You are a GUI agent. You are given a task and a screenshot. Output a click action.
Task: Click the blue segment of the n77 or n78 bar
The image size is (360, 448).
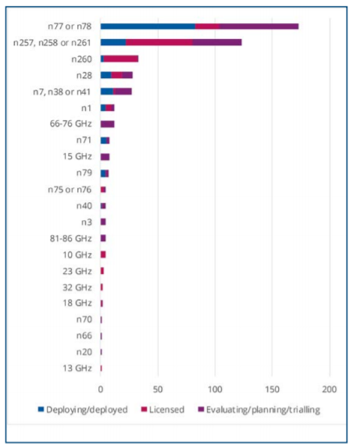(148, 27)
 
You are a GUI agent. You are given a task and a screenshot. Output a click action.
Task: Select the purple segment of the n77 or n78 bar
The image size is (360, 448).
(259, 27)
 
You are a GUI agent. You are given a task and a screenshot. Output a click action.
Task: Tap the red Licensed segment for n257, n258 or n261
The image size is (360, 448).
(159, 42)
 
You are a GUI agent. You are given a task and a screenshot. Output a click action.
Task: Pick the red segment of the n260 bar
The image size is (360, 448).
(121, 59)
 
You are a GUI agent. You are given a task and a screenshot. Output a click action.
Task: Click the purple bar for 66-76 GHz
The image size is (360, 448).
(108, 124)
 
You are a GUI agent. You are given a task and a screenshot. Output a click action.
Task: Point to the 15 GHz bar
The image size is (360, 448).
(105, 157)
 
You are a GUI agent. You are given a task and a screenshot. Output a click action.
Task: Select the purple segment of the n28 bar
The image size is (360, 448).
(127, 75)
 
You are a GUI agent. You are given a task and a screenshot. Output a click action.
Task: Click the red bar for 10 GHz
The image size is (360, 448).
(103, 254)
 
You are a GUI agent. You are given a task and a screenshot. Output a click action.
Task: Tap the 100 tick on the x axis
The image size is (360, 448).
(215, 389)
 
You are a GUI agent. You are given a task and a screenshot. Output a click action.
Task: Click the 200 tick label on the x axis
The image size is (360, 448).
(330, 389)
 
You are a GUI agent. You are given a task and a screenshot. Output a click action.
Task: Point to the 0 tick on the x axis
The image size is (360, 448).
(101, 389)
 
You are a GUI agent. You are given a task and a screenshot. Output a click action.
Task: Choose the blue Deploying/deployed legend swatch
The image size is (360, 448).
(41, 409)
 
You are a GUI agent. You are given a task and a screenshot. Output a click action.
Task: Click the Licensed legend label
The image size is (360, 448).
(166, 410)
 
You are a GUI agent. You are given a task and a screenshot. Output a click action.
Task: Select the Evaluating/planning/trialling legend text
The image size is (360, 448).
(263, 410)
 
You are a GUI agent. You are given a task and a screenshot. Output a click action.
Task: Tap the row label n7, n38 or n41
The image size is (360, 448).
(62, 92)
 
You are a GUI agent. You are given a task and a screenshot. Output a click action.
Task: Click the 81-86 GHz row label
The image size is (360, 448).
(71, 238)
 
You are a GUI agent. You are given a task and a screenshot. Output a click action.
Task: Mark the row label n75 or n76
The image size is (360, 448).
(70, 190)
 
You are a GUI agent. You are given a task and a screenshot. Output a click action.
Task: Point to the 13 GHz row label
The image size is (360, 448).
(77, 368)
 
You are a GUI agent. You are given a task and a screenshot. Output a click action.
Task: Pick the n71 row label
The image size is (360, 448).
(84, 140)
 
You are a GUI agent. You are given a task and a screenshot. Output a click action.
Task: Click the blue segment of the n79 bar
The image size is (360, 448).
(103, 173)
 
